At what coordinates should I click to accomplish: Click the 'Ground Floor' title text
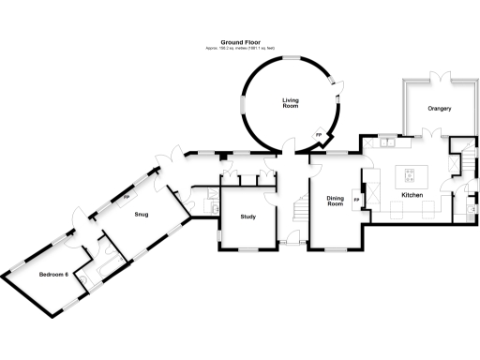click(240, 42)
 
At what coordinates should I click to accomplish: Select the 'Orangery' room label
click(440, 109)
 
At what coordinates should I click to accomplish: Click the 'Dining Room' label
click(337, 202)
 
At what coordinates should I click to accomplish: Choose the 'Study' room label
click(248, 217)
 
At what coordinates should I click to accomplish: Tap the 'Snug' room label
click(142, 215)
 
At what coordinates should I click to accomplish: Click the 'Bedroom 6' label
click(53, 274)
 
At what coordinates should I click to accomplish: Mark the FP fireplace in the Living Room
click(318, 137)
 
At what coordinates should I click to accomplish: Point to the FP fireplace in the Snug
click(127, 198)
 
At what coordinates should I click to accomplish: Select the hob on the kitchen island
click(411, 173)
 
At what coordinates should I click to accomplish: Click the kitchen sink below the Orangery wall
click(386, 143)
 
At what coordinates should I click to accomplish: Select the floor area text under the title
click(240, 49)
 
